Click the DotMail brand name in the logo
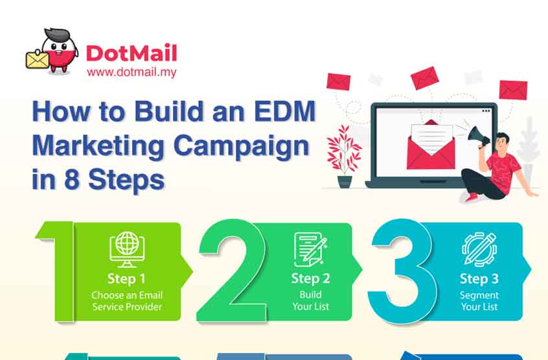pyautogui.click(x=131, y=53)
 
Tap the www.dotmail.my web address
pyautogui.click(x=131, y=73)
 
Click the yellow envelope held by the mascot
pyautogui.click(x=37, y=60)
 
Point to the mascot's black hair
pyautogui.click(x=57, y=35)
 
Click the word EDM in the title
pyautogui.click(x=284, y=111)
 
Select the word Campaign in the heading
pyautogui.click(x=241, y=146)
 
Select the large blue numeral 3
pyautogui.click(x=402, y=271)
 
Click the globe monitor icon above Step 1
pyautogui.click(x=127, y=249)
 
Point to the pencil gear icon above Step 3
pyautogui.click(x=479, y=249)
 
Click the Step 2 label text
pyautogui.click(x=310, y=278)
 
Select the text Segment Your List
pyautogui.click(x=479, y=300)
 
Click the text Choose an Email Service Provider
pyautogui.click(x=127, y=300)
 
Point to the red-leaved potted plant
pyautogui.click(x=344, y=156)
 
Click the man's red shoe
pyautogui.click(x=472, y=197)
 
